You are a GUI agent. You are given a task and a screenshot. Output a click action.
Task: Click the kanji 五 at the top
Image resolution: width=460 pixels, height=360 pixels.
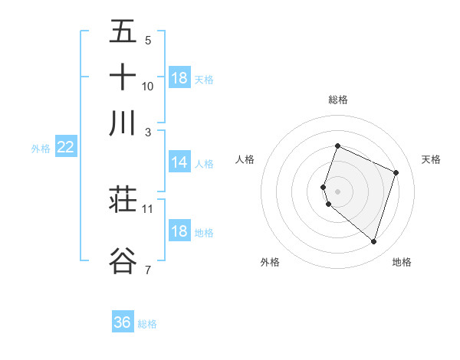[123, 32]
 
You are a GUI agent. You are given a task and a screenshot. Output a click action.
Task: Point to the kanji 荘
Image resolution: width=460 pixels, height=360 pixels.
[123, 200]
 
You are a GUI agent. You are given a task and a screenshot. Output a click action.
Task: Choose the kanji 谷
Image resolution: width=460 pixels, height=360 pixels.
[123, 260]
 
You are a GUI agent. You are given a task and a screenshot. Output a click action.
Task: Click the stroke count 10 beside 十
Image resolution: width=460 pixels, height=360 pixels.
[148, 86]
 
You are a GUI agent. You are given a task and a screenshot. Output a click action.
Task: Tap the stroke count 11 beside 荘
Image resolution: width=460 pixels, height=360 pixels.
[148, 208]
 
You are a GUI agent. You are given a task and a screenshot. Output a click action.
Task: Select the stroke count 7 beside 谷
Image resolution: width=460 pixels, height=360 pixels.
[147, 269]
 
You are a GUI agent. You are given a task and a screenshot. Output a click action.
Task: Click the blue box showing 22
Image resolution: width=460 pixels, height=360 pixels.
[65, 147]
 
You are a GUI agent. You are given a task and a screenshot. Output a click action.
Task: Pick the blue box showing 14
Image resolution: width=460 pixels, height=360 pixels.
[179, 162]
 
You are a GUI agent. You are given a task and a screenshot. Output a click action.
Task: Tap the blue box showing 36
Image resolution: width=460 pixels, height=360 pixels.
[123, 322]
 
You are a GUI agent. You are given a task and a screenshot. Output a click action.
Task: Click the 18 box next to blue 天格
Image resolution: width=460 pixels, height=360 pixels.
[179, 78]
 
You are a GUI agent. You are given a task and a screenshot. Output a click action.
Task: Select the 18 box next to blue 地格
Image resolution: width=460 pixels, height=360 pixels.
[179, 231]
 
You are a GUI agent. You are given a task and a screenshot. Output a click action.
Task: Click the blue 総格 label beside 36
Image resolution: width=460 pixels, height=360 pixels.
[147, 324]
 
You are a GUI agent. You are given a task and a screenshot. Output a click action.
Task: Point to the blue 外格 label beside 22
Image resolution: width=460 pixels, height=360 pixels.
[41, 149]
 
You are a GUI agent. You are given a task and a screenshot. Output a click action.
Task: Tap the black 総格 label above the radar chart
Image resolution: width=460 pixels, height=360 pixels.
[337, 100]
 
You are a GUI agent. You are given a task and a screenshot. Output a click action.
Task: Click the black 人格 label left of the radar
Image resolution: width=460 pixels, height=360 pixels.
[245, 159]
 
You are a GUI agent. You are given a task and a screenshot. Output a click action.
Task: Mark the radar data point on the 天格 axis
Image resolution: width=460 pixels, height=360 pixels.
[396, 172]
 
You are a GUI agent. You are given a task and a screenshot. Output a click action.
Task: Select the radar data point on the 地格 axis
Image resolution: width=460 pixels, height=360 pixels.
[373, 242]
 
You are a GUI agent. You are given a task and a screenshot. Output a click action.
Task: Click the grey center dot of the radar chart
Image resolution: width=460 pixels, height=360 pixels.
[337, 191]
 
